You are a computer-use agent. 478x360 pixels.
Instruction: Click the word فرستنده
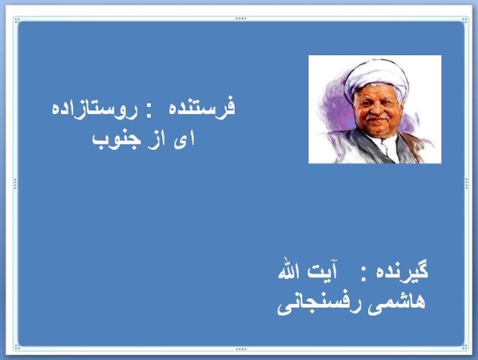pos(202,107)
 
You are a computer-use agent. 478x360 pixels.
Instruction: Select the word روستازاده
pos(94,108)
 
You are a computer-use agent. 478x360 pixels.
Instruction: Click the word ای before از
pos(184,140)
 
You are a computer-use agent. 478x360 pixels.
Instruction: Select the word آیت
pos(322,270)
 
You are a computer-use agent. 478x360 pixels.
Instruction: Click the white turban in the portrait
pos(377,77)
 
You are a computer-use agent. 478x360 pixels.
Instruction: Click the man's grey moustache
pos(377,117)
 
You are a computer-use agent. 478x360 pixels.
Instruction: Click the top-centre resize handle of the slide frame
pos(241,19)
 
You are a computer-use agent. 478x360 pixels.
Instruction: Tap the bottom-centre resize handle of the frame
pos(241,349)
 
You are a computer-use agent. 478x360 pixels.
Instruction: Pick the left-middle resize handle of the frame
pos(15,184)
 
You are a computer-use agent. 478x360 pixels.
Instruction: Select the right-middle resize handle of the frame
pos(467,184)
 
